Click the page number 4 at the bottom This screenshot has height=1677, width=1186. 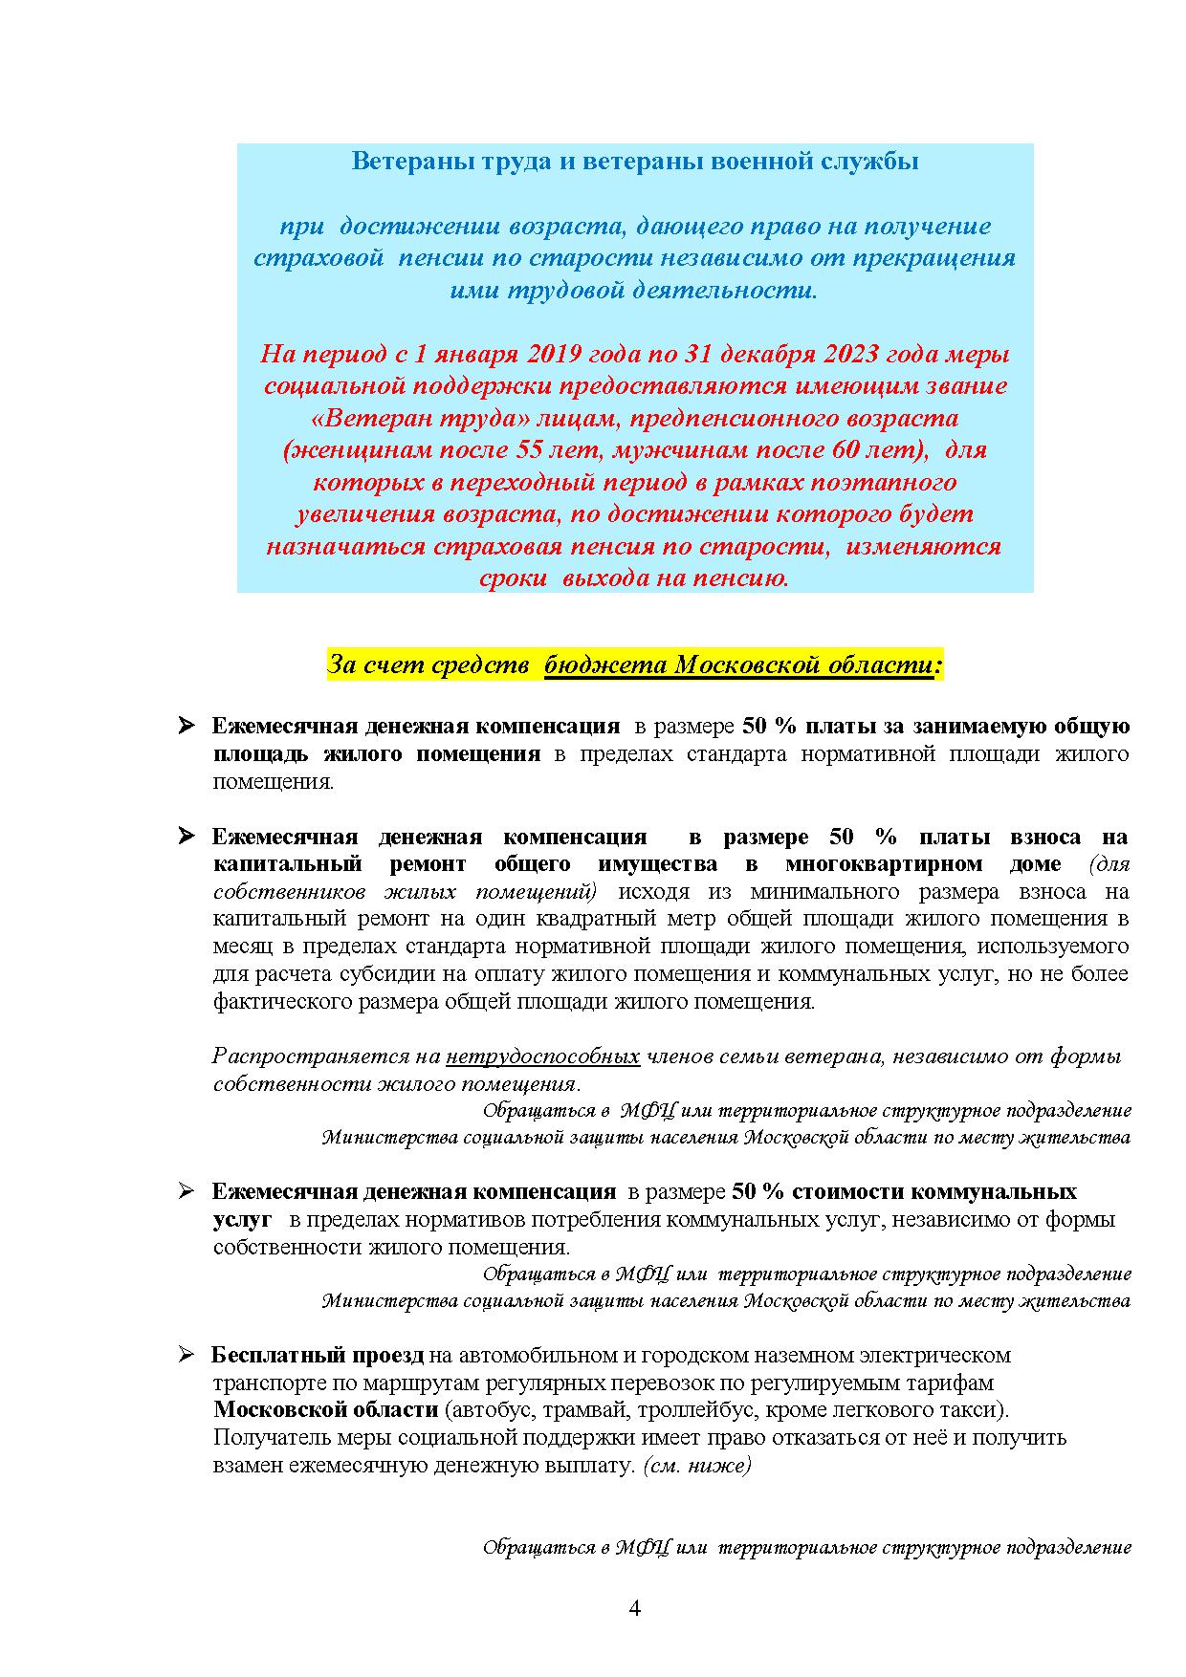(x=634, y=1607)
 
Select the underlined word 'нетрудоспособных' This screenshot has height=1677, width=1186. (x=542, y=1056)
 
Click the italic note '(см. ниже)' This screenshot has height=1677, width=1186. (x=697, y=1465)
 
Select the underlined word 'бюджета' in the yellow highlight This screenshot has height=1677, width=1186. (x=606, y=664)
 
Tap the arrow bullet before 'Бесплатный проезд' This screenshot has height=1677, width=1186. (x=186, y=1355)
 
